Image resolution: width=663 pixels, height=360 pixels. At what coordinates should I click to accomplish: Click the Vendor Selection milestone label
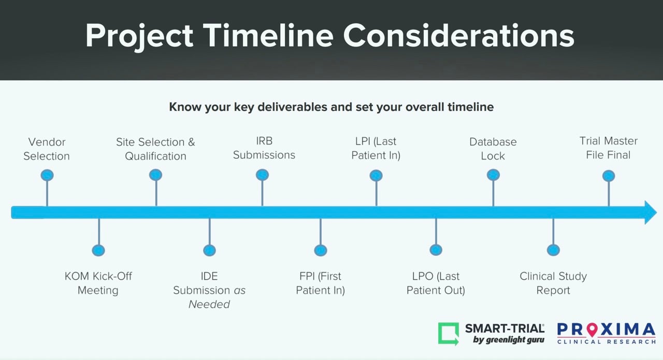pos(47,149)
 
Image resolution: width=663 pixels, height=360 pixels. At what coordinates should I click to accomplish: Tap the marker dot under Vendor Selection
pos(47,175)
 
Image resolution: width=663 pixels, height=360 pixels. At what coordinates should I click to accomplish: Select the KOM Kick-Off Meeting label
pos(98,283)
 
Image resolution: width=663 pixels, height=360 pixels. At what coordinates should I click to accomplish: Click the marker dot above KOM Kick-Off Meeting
pos(98,250)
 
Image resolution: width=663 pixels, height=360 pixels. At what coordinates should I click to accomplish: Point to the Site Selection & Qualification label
pos(155,149)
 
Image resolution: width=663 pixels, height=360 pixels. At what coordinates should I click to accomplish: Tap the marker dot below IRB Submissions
pos(263,175)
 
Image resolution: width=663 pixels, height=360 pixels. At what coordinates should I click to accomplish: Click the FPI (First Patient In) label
pos(320,283)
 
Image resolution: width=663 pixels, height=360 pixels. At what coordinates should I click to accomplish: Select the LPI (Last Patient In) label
pos(376,148)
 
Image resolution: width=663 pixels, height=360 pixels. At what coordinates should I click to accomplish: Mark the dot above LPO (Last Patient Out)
pos(436,250)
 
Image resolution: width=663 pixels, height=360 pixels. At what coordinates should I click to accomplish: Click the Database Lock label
pos(493,148)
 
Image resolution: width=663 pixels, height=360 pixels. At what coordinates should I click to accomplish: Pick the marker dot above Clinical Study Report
pos(553,250)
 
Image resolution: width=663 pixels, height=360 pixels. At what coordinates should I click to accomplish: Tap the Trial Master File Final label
pos(609,148)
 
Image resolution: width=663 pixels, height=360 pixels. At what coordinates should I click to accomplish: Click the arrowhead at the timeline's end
pos(650,212)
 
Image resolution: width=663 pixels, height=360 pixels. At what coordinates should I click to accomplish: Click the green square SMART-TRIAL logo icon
pos(449,333)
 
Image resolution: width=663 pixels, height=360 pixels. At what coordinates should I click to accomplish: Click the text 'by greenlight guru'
pos(508,340)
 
